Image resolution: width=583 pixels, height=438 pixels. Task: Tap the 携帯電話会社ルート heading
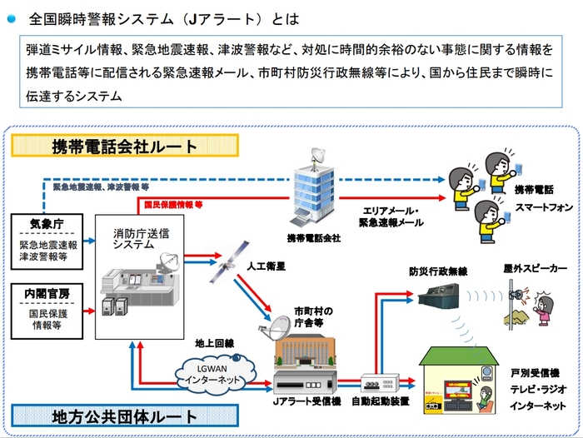point(125,147)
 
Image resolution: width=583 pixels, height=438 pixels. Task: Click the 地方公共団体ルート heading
point(126,415)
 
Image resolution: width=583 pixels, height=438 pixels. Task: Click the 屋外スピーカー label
point(535,269)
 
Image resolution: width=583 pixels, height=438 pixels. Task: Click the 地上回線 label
point(214,342)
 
